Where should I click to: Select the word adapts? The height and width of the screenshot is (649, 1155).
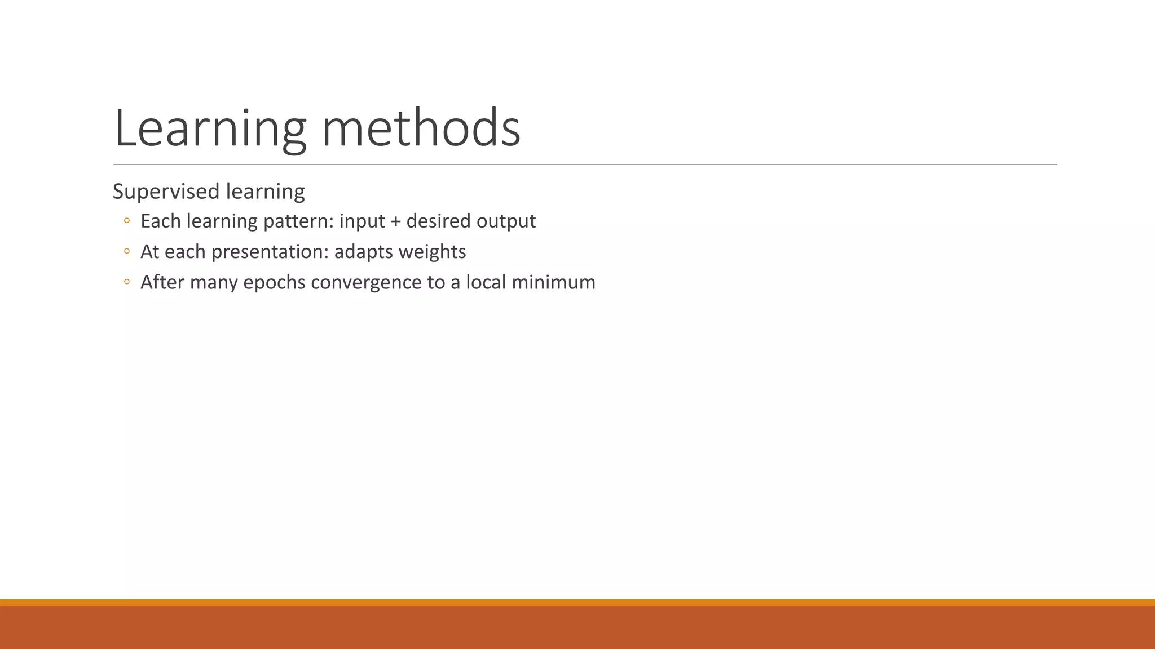pyautogui.click(x=364, y=252)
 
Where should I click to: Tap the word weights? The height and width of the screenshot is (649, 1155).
pyautogui.click(x=433, y=252)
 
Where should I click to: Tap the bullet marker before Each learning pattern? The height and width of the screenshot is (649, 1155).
pyautogui.click(x=127, y=221)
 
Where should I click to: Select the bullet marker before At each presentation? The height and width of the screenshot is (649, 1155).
pyautogui.click(x=127, y=251)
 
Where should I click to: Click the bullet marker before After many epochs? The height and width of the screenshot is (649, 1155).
pyautogui.click(x=127, y=282)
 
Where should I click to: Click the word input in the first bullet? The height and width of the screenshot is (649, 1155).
pyautogui.click(x=362, y=221)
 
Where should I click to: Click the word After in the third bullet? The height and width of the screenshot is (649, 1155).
pyautogui.click(x=162, y=282)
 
